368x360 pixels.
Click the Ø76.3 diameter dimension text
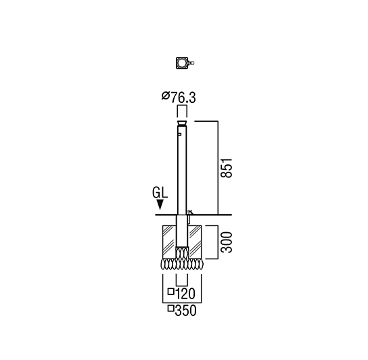pos(179,97)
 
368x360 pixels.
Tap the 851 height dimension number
pos(227,168)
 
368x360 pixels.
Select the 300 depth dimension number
pos(227,242)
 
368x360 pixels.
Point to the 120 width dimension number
pos(185,294)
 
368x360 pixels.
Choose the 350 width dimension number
pos(185,311)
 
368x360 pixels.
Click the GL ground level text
pos(160,193)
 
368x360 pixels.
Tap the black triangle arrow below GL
pos(160,204)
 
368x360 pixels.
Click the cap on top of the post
pos(182,123)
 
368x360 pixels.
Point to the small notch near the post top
pos(179,135)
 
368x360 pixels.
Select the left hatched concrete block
pos(169,242)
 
